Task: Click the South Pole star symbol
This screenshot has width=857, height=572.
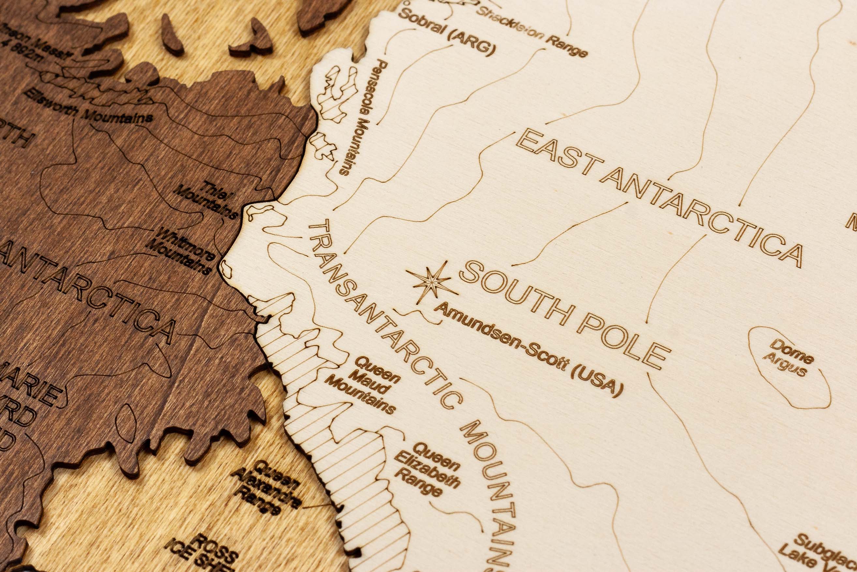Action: [x=432, y=282]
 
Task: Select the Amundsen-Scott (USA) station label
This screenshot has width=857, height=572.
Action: [x=528, y=349]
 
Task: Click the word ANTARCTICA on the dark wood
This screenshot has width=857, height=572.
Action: [x=91, y=292]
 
